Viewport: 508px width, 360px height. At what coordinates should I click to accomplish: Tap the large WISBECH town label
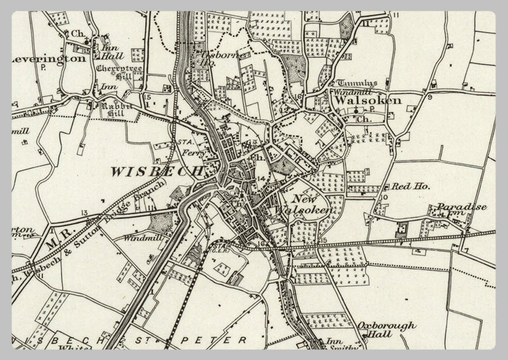[156, 171]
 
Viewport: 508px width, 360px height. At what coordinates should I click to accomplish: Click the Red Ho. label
[411, 187]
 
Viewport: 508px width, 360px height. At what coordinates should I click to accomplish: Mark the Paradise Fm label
[452, 211]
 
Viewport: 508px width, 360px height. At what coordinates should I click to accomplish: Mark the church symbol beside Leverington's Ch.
[88, 43]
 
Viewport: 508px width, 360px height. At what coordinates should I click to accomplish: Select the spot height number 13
[84, 212]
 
